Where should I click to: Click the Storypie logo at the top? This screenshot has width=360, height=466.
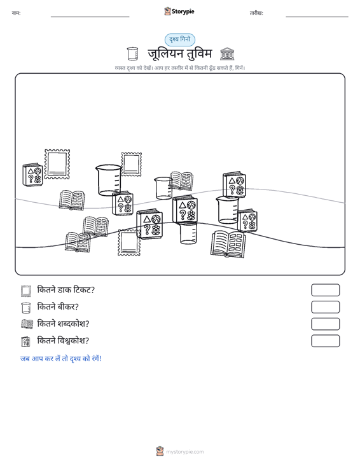pos(179,11)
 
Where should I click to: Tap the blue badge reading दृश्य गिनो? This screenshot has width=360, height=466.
pos(180,39)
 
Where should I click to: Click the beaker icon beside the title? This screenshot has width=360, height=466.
pos(132,54)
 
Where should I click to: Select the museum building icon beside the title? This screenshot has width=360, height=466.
pos(227,54)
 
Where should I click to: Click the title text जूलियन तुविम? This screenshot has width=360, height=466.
pos(179,54)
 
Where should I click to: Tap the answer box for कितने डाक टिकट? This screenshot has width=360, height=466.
pos(325,290)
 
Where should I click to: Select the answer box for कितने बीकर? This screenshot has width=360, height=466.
pos(325,307)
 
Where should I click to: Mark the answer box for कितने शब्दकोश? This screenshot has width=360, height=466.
pos(325,324)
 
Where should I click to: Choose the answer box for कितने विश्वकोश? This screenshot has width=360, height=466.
pos(325,341)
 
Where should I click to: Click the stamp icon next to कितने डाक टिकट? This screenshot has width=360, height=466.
pos(26,291)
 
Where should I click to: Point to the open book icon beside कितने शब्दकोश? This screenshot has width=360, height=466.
pos(27,324)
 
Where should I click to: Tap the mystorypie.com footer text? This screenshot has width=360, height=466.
pos(185,452)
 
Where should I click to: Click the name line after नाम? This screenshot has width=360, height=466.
pos(90,17)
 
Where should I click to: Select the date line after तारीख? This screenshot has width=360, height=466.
pos(317,17)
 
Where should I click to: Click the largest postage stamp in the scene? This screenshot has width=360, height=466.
pos(57,165)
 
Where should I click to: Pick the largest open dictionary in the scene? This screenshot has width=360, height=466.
pos(228,243)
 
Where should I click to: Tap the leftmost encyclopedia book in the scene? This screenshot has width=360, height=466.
pos(32,175)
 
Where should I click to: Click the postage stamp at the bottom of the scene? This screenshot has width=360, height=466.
pos(129,242)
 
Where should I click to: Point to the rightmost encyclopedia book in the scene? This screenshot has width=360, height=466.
pos(247,220)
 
